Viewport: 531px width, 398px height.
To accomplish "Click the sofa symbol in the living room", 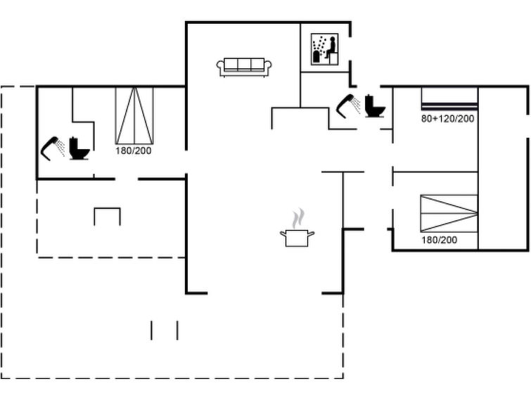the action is click(244, 67).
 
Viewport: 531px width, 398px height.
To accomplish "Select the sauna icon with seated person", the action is click(324, 49).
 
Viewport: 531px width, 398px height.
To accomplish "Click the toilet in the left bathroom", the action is click(79, 148).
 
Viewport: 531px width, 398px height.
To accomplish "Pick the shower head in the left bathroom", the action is click(49, 148).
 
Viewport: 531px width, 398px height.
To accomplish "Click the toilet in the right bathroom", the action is click(376, 106).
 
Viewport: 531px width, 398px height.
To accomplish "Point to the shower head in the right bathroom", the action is click(345, 106).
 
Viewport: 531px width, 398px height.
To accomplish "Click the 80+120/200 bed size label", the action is click(448, 119).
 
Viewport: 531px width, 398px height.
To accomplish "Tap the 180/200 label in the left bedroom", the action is click(133, 150).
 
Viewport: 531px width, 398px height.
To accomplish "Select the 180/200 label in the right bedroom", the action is click(440, 240).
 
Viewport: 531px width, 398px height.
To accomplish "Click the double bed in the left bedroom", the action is click(134, 116).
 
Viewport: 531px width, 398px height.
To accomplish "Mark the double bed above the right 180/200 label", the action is click(449, 213).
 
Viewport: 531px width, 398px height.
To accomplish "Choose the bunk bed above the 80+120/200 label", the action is click(449, 99).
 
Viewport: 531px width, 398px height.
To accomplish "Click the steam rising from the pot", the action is click(298, 219).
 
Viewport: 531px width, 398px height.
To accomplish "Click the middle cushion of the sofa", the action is click(244, 64).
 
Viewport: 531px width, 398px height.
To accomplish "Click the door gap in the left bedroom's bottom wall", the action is click(127, 179).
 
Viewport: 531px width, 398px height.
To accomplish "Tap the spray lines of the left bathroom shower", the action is click(60, 148).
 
